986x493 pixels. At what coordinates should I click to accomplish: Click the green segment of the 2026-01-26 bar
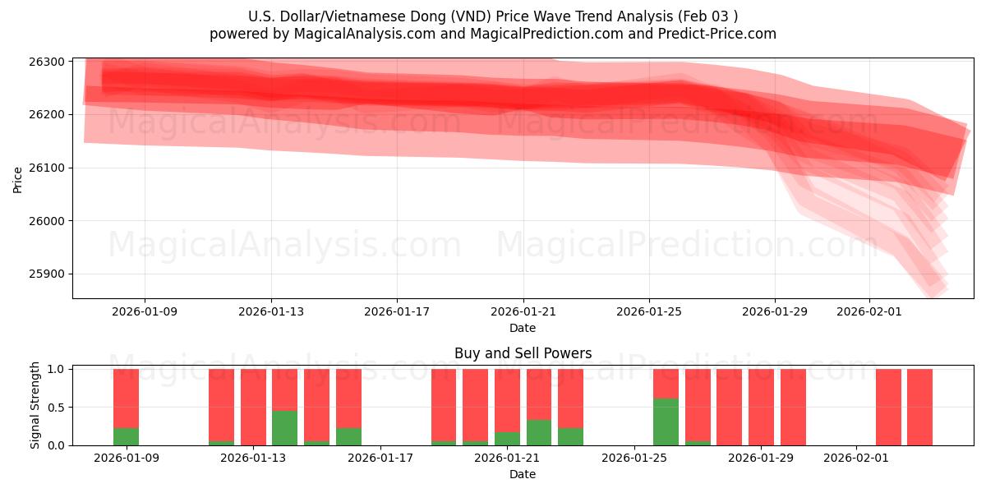click(666, 422)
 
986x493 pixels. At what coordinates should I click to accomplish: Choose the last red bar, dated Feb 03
click(919, 407)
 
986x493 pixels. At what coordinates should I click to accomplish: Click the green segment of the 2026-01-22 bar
click(538, 432)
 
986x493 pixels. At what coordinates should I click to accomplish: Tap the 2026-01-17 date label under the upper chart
click(397, 311)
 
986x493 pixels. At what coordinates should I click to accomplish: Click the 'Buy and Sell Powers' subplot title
click(523, 354)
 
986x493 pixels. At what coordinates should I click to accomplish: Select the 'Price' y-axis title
click(18, 178)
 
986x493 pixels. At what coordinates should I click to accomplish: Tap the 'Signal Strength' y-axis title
click(35, 405)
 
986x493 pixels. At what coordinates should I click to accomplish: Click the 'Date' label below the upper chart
click(523, 328)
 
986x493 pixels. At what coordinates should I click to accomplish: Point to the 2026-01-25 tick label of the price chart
click(649, 311)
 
